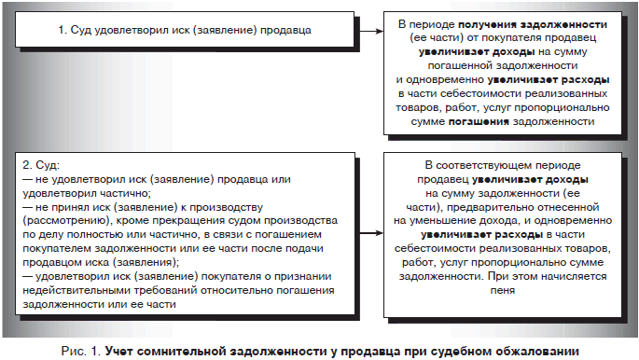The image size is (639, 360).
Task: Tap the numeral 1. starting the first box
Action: click(x=62, y=31)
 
